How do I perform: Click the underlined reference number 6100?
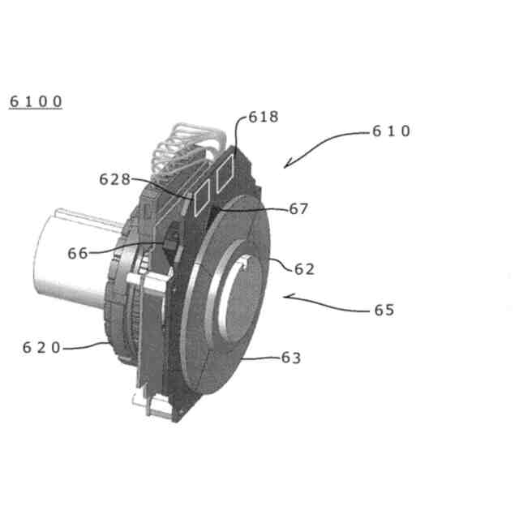click(x=35, y=102)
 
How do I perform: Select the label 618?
click(x=264, y=117)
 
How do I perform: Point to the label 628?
click(x=114, y=178)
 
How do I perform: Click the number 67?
click(x=298, y=208)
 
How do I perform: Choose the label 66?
click(x=78, y=253)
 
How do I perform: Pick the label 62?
click(x=304, y=269)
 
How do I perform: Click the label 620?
click(x=41, y=347)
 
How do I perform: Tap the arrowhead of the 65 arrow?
click(x=284, y=297)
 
